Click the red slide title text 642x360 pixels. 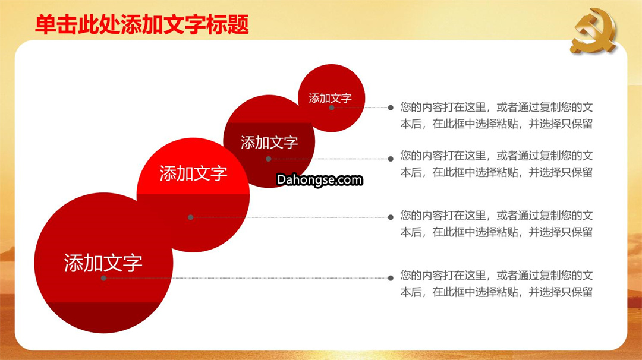142,24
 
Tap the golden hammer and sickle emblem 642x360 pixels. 594,31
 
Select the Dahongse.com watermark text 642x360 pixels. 320,179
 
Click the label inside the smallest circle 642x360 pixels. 330,98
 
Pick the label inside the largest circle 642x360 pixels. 103,263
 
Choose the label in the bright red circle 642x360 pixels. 193,173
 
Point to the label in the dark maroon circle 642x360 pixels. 269,143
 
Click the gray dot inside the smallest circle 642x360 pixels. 332,108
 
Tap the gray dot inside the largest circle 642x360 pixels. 103,278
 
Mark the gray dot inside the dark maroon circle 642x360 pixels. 269,159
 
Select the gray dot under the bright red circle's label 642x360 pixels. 190,217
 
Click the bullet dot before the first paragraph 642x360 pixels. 391,108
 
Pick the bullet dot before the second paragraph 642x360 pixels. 391,159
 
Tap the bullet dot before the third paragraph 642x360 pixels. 391,217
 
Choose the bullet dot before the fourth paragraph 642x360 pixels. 391,278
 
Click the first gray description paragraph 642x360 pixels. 496,115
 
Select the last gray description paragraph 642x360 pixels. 496,283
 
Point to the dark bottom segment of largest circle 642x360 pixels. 103,316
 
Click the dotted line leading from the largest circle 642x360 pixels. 247,278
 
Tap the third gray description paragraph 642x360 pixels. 496,224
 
